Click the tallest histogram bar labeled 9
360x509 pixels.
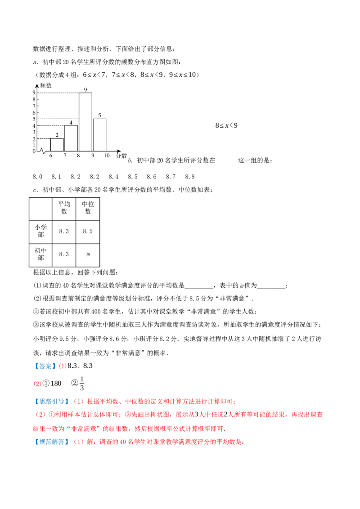(x=85, y=122)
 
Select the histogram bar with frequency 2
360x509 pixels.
(x=57, y=145)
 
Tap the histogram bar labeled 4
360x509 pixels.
(x=71, y=138)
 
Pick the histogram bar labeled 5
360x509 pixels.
(x=99, y=135)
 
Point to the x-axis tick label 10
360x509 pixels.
(x=107, y=156)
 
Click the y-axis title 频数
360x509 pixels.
(x=46, y=86)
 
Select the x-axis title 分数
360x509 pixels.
(x=121, y=156)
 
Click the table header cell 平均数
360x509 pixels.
(x=64, y=208)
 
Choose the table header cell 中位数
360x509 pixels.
(x=88, y=208)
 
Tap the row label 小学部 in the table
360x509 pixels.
(x=40, y=231)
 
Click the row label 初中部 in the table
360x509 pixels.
(x=40, y=254)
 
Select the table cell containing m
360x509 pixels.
(x=88, y=254)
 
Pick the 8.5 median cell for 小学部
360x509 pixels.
(x=88, y=231)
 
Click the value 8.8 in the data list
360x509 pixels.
(x=190, y=177)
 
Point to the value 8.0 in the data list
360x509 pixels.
(x=38, y=177)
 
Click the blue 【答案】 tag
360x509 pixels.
(x=45, y=366)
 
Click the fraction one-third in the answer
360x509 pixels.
(x=82, y=384)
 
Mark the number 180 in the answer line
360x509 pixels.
(x=56, y=384)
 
